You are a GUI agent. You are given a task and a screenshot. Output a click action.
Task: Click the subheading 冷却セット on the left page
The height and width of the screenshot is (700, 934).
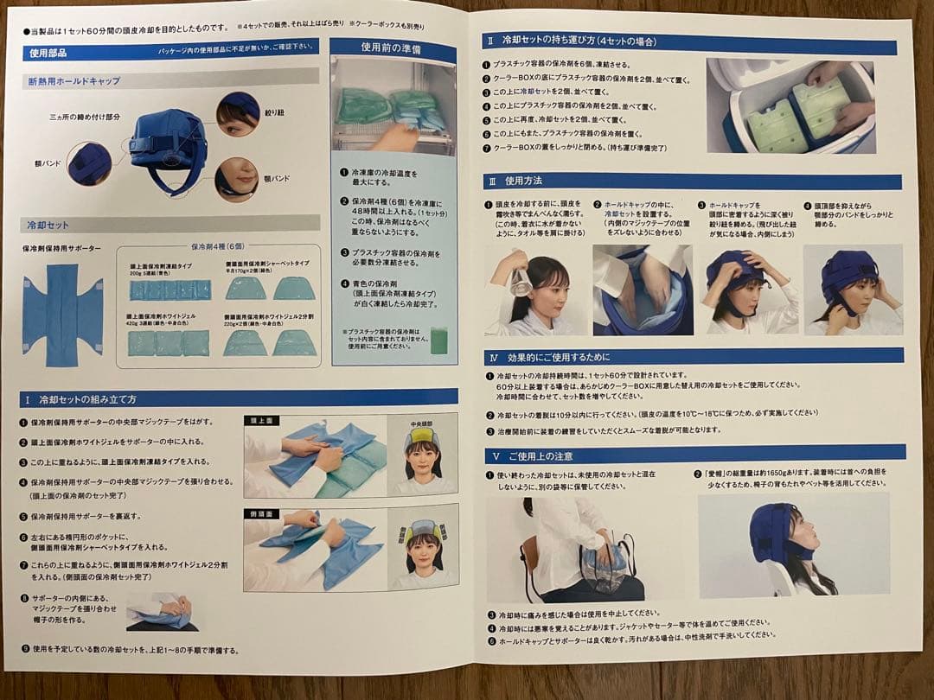click(48, 226)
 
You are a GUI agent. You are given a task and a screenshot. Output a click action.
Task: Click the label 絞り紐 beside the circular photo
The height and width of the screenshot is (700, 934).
click(273, 112)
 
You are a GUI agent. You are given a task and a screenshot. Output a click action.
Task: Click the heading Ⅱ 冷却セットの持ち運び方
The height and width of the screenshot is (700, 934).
click(571, 41)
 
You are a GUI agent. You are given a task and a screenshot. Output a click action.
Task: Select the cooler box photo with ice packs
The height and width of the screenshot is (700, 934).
click(791, 105)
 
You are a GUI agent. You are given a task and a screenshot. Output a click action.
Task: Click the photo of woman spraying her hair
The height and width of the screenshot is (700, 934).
click(534, 290)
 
